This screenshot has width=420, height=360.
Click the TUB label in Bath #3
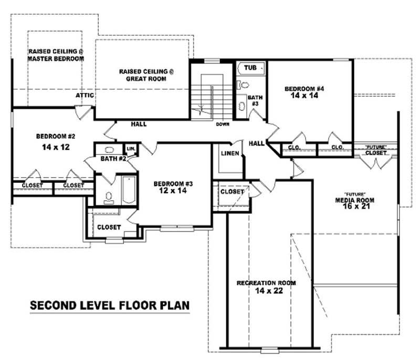(x=250, y=68)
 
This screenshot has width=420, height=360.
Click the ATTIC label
(x=85, y=96)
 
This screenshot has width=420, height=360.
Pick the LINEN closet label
(x=230, y=153)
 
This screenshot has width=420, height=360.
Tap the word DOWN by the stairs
(x=223, y=125)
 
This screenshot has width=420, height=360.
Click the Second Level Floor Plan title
(x=109, y=306)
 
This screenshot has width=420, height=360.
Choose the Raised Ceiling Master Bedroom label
(x=56, y=55)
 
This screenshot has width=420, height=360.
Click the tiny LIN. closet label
(x=131, y=149)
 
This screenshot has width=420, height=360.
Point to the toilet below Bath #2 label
(x=109, y=198)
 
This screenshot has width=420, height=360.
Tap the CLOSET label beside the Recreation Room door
(x=232, y=192)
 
